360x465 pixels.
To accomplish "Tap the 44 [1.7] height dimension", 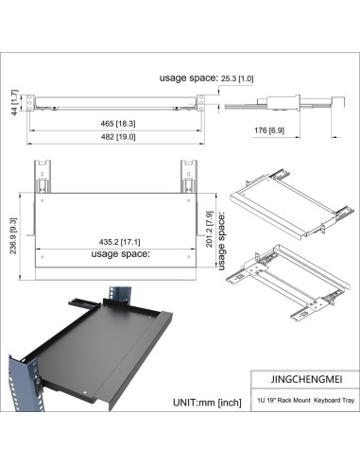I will pyautogui.click(x=14, y=102).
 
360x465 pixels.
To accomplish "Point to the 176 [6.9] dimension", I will pyautogui.click(x=269, y=128).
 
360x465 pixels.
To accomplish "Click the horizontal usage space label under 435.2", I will pyautogui.click(x=120, y=254).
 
